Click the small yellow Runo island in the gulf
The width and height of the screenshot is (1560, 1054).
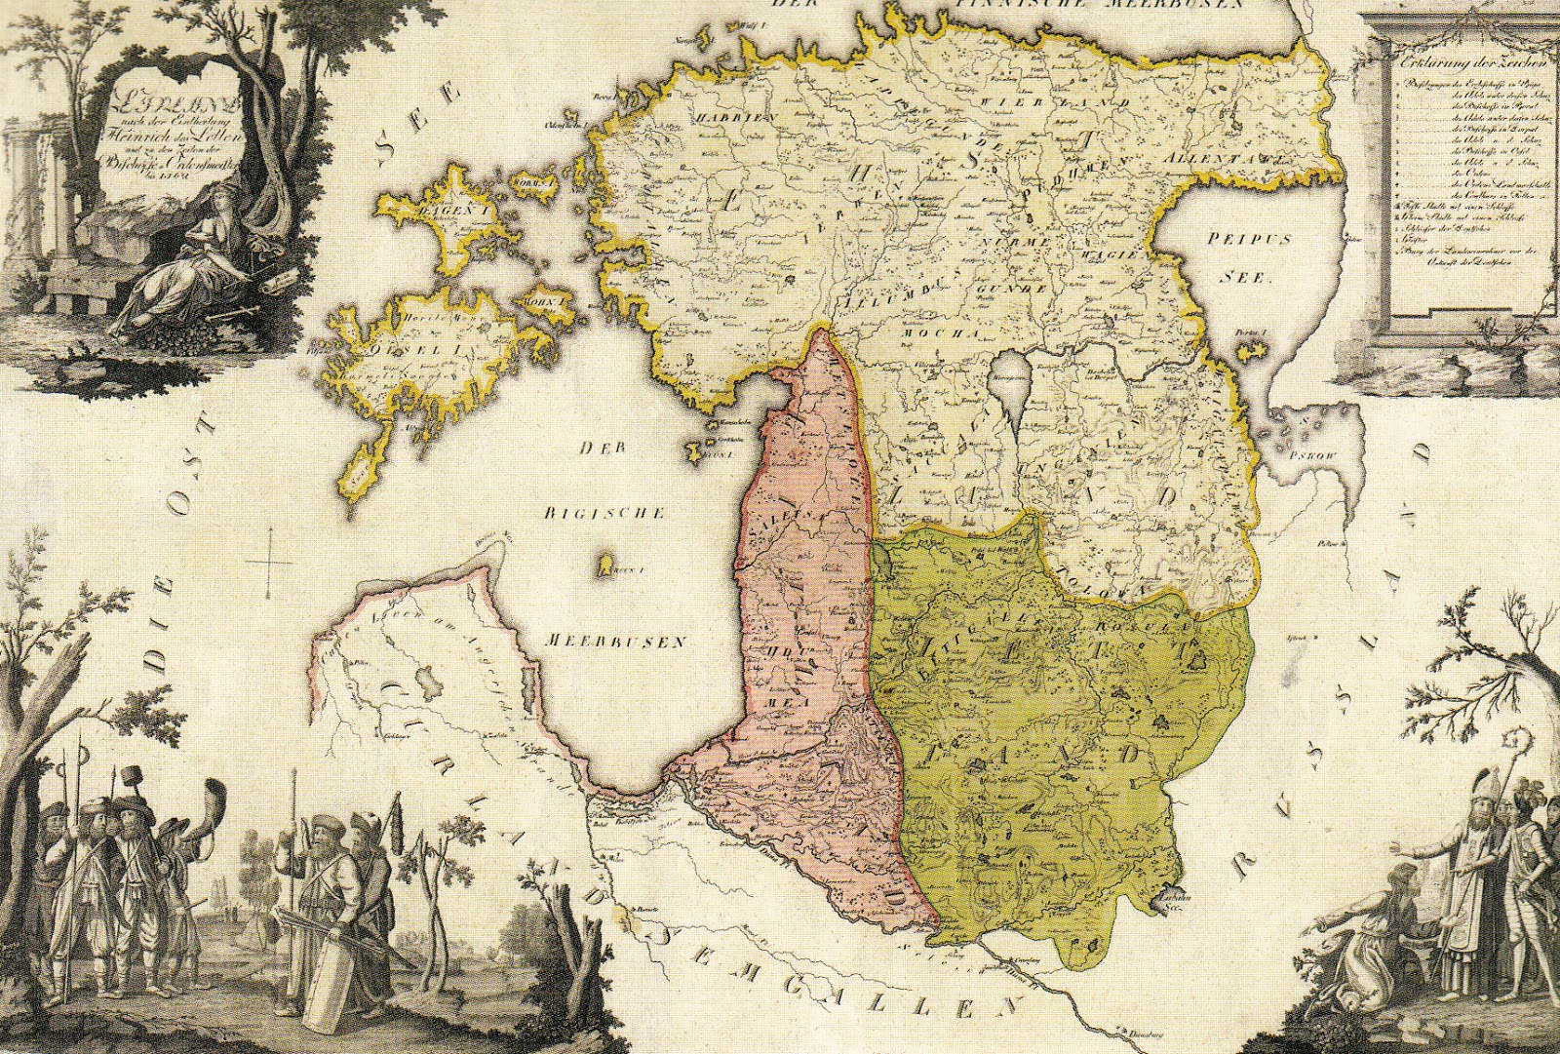click(604, 564)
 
